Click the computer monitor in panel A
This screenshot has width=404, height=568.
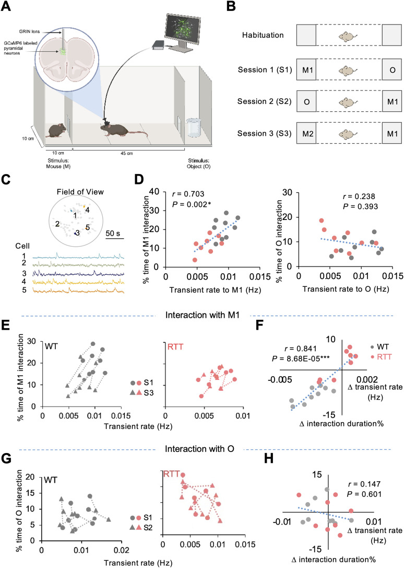pos(183,31)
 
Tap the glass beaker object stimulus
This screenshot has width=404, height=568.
pos(193,127)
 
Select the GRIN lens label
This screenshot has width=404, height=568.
pos(29,31)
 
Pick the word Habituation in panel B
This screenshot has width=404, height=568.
pos(263,35)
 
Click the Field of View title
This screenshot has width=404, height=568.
pos(80,192)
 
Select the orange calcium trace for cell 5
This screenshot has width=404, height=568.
pos(78,290)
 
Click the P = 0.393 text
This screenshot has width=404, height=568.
pos(360,206)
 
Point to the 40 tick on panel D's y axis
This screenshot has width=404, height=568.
pos(154,191)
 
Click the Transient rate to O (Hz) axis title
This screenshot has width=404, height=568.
pos(346,289)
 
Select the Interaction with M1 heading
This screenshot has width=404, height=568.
pos(203,315)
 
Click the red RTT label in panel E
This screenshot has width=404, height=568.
pos(175,346)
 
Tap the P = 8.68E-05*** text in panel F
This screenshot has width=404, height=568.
pos(301,358)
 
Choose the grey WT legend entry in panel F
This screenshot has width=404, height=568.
pos(379,346)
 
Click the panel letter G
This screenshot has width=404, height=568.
pos(6,458)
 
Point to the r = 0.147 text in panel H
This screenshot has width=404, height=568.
pos(364,484)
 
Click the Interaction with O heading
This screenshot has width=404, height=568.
pos(199,449)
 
